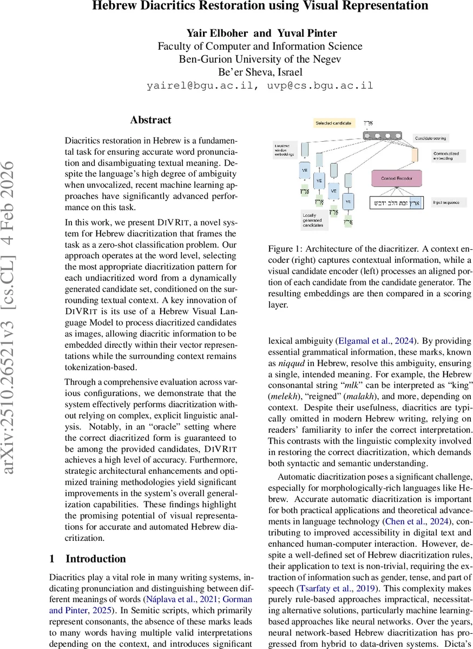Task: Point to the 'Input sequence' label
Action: click(x=446, y=202)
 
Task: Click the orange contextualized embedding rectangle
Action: click(x=415, y=155)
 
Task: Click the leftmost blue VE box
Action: click(x=304, y=169)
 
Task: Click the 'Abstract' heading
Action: click(x=150, y=120)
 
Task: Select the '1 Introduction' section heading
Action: click(x=87, y=559)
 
